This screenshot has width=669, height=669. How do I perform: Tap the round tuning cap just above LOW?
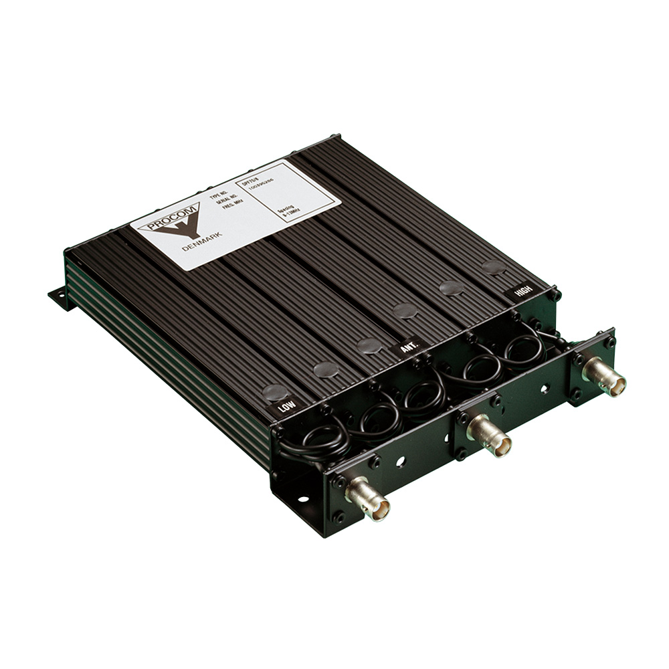[x=274, y=392]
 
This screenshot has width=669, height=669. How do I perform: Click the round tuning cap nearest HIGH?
[x=493, y=267]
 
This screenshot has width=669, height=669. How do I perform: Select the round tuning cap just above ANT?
[x=369, y=345]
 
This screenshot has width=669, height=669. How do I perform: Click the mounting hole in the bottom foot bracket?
[x=302, y=498]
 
